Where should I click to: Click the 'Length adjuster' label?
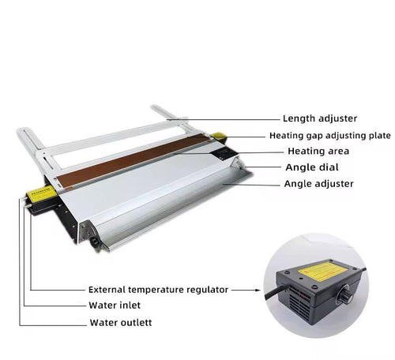320,118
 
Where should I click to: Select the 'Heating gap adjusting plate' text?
330,136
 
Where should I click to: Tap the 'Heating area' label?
318,151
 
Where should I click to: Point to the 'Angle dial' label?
312,167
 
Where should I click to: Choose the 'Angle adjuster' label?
318,184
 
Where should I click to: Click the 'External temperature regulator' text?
158,290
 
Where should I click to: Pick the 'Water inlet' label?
115,306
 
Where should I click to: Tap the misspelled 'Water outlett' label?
121,323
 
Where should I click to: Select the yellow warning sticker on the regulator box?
325,270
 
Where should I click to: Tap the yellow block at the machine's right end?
219,136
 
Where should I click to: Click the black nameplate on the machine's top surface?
223,154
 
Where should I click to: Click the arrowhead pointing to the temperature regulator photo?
258,290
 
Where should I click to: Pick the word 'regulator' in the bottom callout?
207,290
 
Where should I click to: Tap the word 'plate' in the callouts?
379,136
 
